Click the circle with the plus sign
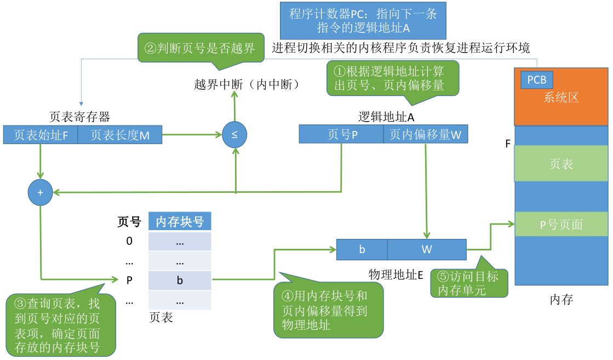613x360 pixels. click(41, 192)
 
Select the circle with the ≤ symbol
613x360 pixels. click(234, 135)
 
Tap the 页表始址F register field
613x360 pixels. click(41, 135)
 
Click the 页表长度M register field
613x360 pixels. click(120, 135)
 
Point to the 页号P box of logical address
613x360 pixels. click(341, 134)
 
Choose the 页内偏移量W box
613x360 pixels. click(426, 134)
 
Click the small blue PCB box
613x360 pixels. click(537, 80)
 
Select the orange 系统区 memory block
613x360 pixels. click(561, 97)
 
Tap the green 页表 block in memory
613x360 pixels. click(561, 163)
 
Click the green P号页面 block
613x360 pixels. click(561, 224)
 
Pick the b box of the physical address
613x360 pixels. click(362, 249)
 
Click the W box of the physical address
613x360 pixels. click(427, 249)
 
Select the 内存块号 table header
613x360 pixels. click(180, 221)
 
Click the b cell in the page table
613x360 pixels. click(180, 280)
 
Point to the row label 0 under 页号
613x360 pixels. click(129, 241)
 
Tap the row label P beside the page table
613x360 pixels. click(129, 280)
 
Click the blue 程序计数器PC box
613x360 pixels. click(363, 21)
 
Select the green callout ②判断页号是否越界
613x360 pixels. click(201, 48)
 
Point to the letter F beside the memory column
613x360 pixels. click(508, 144)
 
